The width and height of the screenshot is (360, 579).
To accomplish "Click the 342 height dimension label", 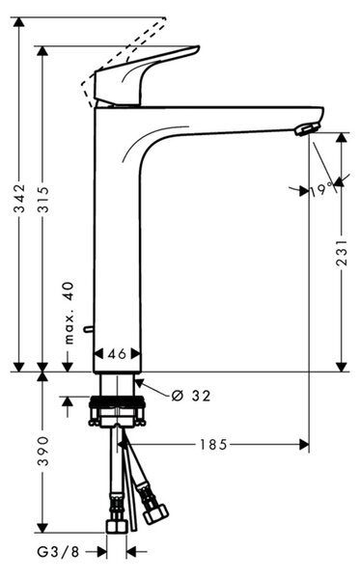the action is pyautogui.click(x=19, y=199).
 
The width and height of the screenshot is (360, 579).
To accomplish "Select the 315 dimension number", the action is pyautogui.click(x=43, y=199).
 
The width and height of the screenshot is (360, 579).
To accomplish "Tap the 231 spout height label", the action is pyautogui.click(x=343, y=253).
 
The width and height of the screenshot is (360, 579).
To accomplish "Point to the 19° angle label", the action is pyautogui.click(x=321, y=190).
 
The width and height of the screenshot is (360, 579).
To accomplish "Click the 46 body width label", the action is pyautogui.click(x=117, y=354).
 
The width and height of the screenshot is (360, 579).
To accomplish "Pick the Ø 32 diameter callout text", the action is pyautogui.click(x=191, y=396).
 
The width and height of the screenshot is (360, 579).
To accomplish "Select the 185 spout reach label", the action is pyautogui.click(x=213, y=445).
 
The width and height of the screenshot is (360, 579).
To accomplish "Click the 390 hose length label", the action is pyautogui.click(x=43, y=451).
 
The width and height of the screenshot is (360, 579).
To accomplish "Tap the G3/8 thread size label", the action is pyautogui.click(x=58, y=552).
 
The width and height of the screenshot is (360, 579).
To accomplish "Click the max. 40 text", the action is pyautogui.click(x=69, y=313).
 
